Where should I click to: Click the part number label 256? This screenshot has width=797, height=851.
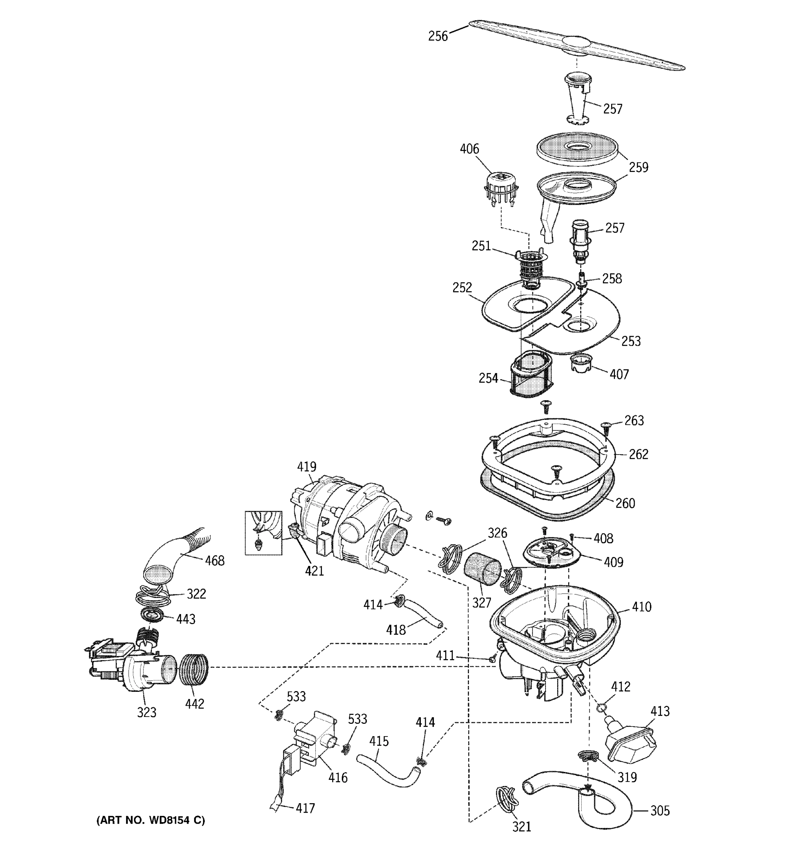coord(438,36)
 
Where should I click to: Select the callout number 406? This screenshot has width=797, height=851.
coord(469,149)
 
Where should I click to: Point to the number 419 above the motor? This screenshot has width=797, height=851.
coord(306,467)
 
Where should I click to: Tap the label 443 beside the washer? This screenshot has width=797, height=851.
coord(186,619)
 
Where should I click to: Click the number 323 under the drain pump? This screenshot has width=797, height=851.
coord(146,712)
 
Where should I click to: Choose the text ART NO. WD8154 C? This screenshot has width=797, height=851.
coord(151,820)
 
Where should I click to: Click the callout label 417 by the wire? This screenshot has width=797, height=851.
coord(305,808)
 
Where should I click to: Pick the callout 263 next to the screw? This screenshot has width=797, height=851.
coord(634,421)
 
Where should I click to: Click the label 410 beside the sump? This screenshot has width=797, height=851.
coord(641,607)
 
